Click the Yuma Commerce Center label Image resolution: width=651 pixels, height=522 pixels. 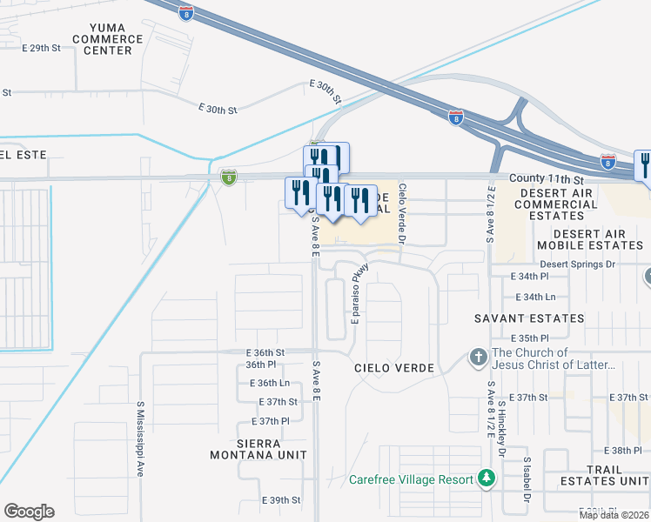click(108, 39)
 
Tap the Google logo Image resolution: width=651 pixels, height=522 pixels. click(29, 512)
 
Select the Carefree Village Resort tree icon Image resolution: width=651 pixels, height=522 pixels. click(486, 478)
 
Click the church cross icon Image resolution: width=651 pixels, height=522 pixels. click(478, 358)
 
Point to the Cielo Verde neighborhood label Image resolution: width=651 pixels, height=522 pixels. click(394, 368)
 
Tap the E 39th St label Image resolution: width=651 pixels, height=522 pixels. click(281, 500)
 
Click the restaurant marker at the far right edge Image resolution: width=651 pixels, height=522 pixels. click(645, 164)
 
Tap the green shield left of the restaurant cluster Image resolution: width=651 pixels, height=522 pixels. click(228, 177)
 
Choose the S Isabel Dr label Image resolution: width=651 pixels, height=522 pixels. click(527, 481)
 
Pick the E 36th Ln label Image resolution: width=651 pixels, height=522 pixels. click(269, 383)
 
